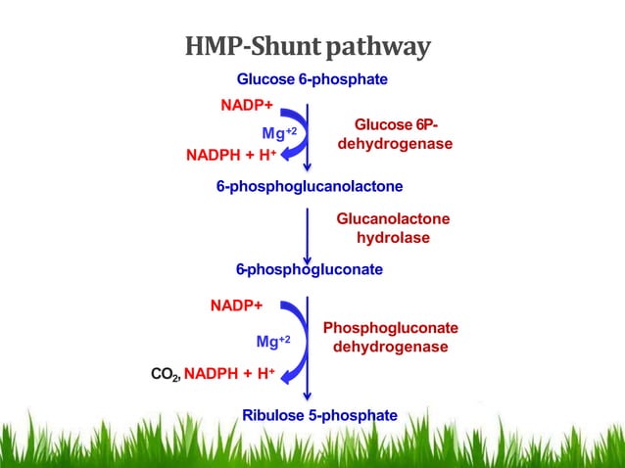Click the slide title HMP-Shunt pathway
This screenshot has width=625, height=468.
pyautogui.click(x=308, y=46)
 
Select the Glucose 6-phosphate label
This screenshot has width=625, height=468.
pyautogui.click(x=312, y=79)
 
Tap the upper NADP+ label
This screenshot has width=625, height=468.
pyautogui.click(x=246, y=105)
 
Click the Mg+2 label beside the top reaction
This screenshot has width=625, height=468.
pyautogui.click(x=278, y=132)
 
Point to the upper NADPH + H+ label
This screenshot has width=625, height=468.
pyautogui.click(x=231, y=155)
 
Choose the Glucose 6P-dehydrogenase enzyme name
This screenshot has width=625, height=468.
pyautogui.click(x=395, y=134)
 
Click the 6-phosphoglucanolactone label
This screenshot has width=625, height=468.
pyautogui.click(x=310, y=186)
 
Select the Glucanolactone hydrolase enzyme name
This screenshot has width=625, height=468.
pyautogui.click(x=393, y=228)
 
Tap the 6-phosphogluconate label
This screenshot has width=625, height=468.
pyautogui.click(x=309, y=268)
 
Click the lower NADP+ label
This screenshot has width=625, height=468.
pyautogui.click(x=236, y=304)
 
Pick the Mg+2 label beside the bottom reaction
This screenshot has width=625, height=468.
pyautogui.click(x=273, y=342)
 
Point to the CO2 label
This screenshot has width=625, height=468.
pyautogui.click(x=164, y=373)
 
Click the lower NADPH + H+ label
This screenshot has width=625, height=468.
pyautogui.click(x=230, y=372)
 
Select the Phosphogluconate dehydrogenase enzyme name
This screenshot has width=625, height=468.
pyautogui.click(x=390, y=337)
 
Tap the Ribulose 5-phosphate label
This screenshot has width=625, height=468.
pyautogui.click(x=319, y=415)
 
